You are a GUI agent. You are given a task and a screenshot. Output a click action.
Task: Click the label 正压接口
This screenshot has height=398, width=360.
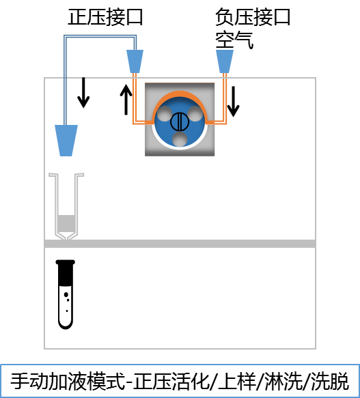coord(105,17)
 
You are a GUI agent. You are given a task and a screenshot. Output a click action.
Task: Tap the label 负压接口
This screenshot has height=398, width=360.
coord(253,17)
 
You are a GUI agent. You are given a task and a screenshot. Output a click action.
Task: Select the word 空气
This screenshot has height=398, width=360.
coord(234,40)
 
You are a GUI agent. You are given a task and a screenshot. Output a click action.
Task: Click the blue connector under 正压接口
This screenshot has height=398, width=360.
coord(135,61)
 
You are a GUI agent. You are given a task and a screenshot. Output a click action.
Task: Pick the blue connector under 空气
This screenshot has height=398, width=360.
coord(225,61)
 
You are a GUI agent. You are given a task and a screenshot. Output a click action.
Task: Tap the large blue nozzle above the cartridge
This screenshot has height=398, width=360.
coord(66,141)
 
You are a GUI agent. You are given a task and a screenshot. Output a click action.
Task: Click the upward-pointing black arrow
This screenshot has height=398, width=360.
coord(126,100)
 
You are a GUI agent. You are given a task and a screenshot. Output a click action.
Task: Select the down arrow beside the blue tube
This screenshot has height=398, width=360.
coord(83,93)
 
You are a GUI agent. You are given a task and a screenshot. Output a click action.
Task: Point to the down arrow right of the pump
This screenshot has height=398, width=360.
coord(233,102)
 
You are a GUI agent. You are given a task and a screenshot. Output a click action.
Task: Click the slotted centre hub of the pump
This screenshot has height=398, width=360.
coord(180,122)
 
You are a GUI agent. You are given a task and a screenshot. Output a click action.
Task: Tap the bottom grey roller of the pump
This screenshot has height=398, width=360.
coord(180,139)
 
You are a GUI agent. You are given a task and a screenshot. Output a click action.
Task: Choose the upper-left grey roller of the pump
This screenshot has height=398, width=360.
coord(165,113)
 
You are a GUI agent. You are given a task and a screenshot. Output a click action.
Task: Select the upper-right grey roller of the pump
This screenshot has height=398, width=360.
coord(195,113)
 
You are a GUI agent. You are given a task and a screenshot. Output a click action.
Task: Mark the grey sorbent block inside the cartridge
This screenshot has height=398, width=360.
coord(66,223)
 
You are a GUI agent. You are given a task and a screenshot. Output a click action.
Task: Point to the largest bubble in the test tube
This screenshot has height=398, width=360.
coord(66,295)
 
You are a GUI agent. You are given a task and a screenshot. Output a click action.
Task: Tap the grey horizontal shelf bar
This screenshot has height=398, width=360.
coord(180,244)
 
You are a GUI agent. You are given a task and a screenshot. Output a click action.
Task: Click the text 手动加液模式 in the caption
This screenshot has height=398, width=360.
coord(68,381)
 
